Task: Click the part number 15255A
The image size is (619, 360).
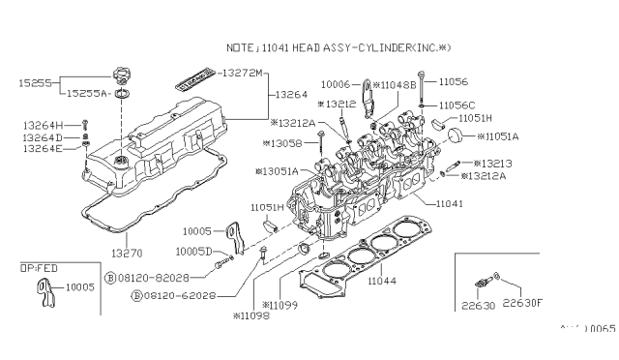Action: coord(88,94)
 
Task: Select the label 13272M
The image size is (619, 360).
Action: coord(243,74)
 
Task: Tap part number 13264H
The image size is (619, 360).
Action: coord(44,126)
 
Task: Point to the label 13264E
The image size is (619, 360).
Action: coord(44,149)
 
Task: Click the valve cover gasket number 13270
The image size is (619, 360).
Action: coord(125,251)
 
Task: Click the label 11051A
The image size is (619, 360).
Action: coord(499,136)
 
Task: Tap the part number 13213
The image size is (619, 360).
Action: coord(498,165)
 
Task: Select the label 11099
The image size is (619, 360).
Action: coord(280,304)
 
